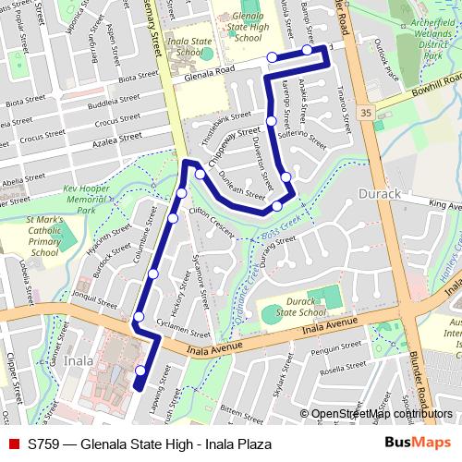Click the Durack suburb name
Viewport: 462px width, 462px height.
(x=376, y=195)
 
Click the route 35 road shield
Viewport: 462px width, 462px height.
(x=367, y=111)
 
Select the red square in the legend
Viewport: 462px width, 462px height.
(x=12, y=444)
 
